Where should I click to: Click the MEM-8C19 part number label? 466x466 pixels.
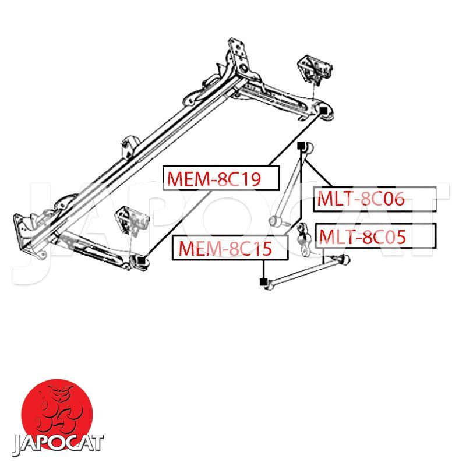point(221,178)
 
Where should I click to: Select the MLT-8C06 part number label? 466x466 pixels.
point(375,199)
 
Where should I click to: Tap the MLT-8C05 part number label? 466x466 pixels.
point(376,236)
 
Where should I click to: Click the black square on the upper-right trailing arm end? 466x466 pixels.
point(323,110)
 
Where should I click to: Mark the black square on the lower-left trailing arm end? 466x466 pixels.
point(142,260)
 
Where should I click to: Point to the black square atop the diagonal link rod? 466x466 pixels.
point(301,146)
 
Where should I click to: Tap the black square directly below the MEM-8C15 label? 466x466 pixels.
point(263,281)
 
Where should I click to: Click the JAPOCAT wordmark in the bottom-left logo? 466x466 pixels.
point(57,445)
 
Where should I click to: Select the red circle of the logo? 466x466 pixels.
point(57,415)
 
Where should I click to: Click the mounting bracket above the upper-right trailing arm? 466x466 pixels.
point(315,69)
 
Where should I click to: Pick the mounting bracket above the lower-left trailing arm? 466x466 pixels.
point(132,221)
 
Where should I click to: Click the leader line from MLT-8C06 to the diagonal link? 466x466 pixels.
point(318,174)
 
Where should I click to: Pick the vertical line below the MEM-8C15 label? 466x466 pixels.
point(263,269)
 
